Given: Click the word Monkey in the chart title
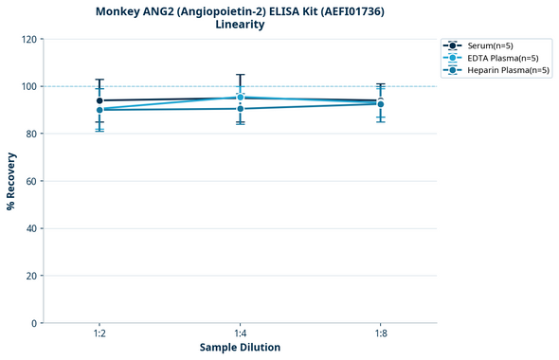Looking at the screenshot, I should tap(117, 11).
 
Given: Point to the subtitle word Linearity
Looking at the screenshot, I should tap(240, 25).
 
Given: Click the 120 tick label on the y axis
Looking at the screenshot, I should tap(28, 39).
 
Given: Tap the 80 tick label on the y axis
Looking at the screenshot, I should tap(31, 134).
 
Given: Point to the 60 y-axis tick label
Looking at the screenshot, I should tap(31, 181).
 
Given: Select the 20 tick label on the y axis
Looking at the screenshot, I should tap(31, 276).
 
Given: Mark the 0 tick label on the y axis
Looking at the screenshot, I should tap(34, 323).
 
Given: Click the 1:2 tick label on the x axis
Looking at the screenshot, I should tap(99, 333).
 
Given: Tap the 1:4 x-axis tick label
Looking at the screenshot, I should tap(240, 333).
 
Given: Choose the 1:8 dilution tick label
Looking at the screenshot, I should tap(380, 333).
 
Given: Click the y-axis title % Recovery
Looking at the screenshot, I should tap(11, 181).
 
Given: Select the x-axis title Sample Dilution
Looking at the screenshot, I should tap(240, 348).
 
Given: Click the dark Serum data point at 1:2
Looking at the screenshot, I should tap(99, 100).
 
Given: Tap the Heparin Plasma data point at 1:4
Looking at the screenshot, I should tap(240, 109).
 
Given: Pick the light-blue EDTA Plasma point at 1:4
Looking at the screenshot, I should tap(240, 97).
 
